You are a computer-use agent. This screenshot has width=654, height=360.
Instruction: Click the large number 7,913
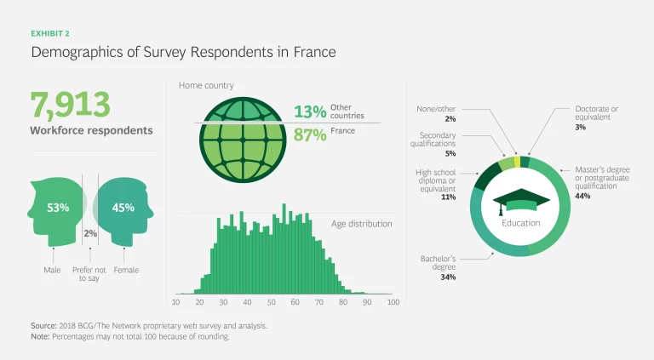pyautogui.click(x=71, y=105)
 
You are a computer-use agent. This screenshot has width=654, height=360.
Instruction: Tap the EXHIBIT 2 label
pyautogui.click(x=50, y=34)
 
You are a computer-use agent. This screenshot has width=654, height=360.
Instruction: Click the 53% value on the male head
pyautogui.click(x=58, y=207)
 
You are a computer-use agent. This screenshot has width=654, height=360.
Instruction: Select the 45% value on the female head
pyautogui.click(x=123, y=207)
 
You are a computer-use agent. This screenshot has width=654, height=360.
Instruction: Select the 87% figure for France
pyautogui.click(x=310, y=135)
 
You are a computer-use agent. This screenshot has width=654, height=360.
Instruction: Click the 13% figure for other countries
pyautogui.click(x=310, y=111)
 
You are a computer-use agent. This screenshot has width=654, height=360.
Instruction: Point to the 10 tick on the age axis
pyautogui.click(x=176, y=301)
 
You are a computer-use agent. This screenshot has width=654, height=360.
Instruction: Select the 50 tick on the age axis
pyautogui.click(x=272, y=301)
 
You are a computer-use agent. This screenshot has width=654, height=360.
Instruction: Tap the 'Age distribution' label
pyautogui.click(x=362, y=224)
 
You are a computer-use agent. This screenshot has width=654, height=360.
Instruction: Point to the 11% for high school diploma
pyautogui.click(x=449, y=197)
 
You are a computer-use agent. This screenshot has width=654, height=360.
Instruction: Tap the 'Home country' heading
pyautogui.click(x=206, y=86)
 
